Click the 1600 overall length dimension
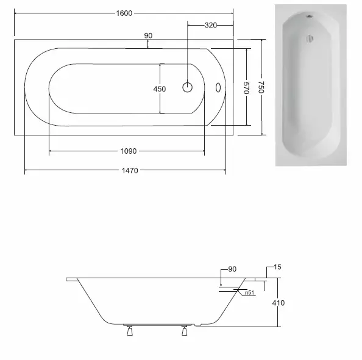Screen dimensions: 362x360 pos(124,13)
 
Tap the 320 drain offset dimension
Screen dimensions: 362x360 pos(211,25)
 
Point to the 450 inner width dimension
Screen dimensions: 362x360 pos(160,89)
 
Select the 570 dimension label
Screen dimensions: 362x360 pos(247,88)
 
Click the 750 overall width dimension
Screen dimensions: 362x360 pos(261,87)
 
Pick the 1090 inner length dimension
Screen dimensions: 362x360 pos(129,151)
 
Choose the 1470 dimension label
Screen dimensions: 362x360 pos(130,170)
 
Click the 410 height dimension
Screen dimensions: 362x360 pos(278,303)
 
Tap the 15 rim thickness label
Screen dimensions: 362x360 pos(277,267)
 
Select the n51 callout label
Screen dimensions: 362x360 pos(249,293)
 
